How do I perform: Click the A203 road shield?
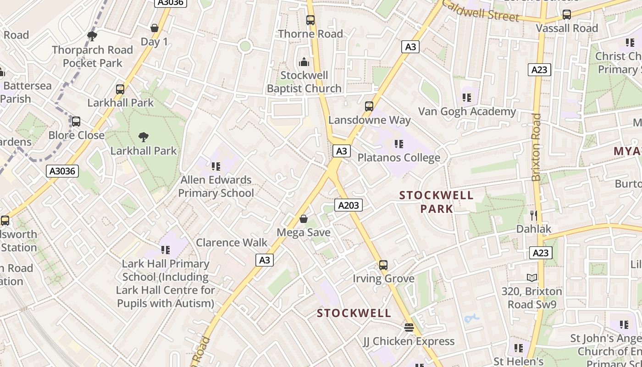[x=348, y=205]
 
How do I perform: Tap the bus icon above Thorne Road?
[x=310, y=20]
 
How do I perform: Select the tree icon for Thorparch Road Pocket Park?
[x=92, y=36]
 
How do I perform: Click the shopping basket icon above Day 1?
[x=155, y=28]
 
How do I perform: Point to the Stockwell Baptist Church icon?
[x=304, y=61]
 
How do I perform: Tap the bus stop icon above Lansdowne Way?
[x=369, y=106]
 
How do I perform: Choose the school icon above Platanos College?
[x=399, y=144]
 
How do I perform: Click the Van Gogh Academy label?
[x=467, y=111]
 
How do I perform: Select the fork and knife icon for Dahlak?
[x=533, y=215]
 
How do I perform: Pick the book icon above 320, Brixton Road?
[x=532, y=278]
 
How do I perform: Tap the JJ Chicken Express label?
[x=409, y=341]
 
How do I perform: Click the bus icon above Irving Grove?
[x=383, y=265]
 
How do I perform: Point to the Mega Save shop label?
[x=304, y=233]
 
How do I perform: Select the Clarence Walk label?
[x=232, y=242]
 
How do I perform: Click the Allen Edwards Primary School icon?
[x=216, y=166]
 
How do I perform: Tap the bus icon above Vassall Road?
[x=567, y=15]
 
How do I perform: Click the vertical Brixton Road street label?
[x=536, y=147]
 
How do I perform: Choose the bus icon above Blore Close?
[x=76, y=122]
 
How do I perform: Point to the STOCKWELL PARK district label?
[x=436, y=202]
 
